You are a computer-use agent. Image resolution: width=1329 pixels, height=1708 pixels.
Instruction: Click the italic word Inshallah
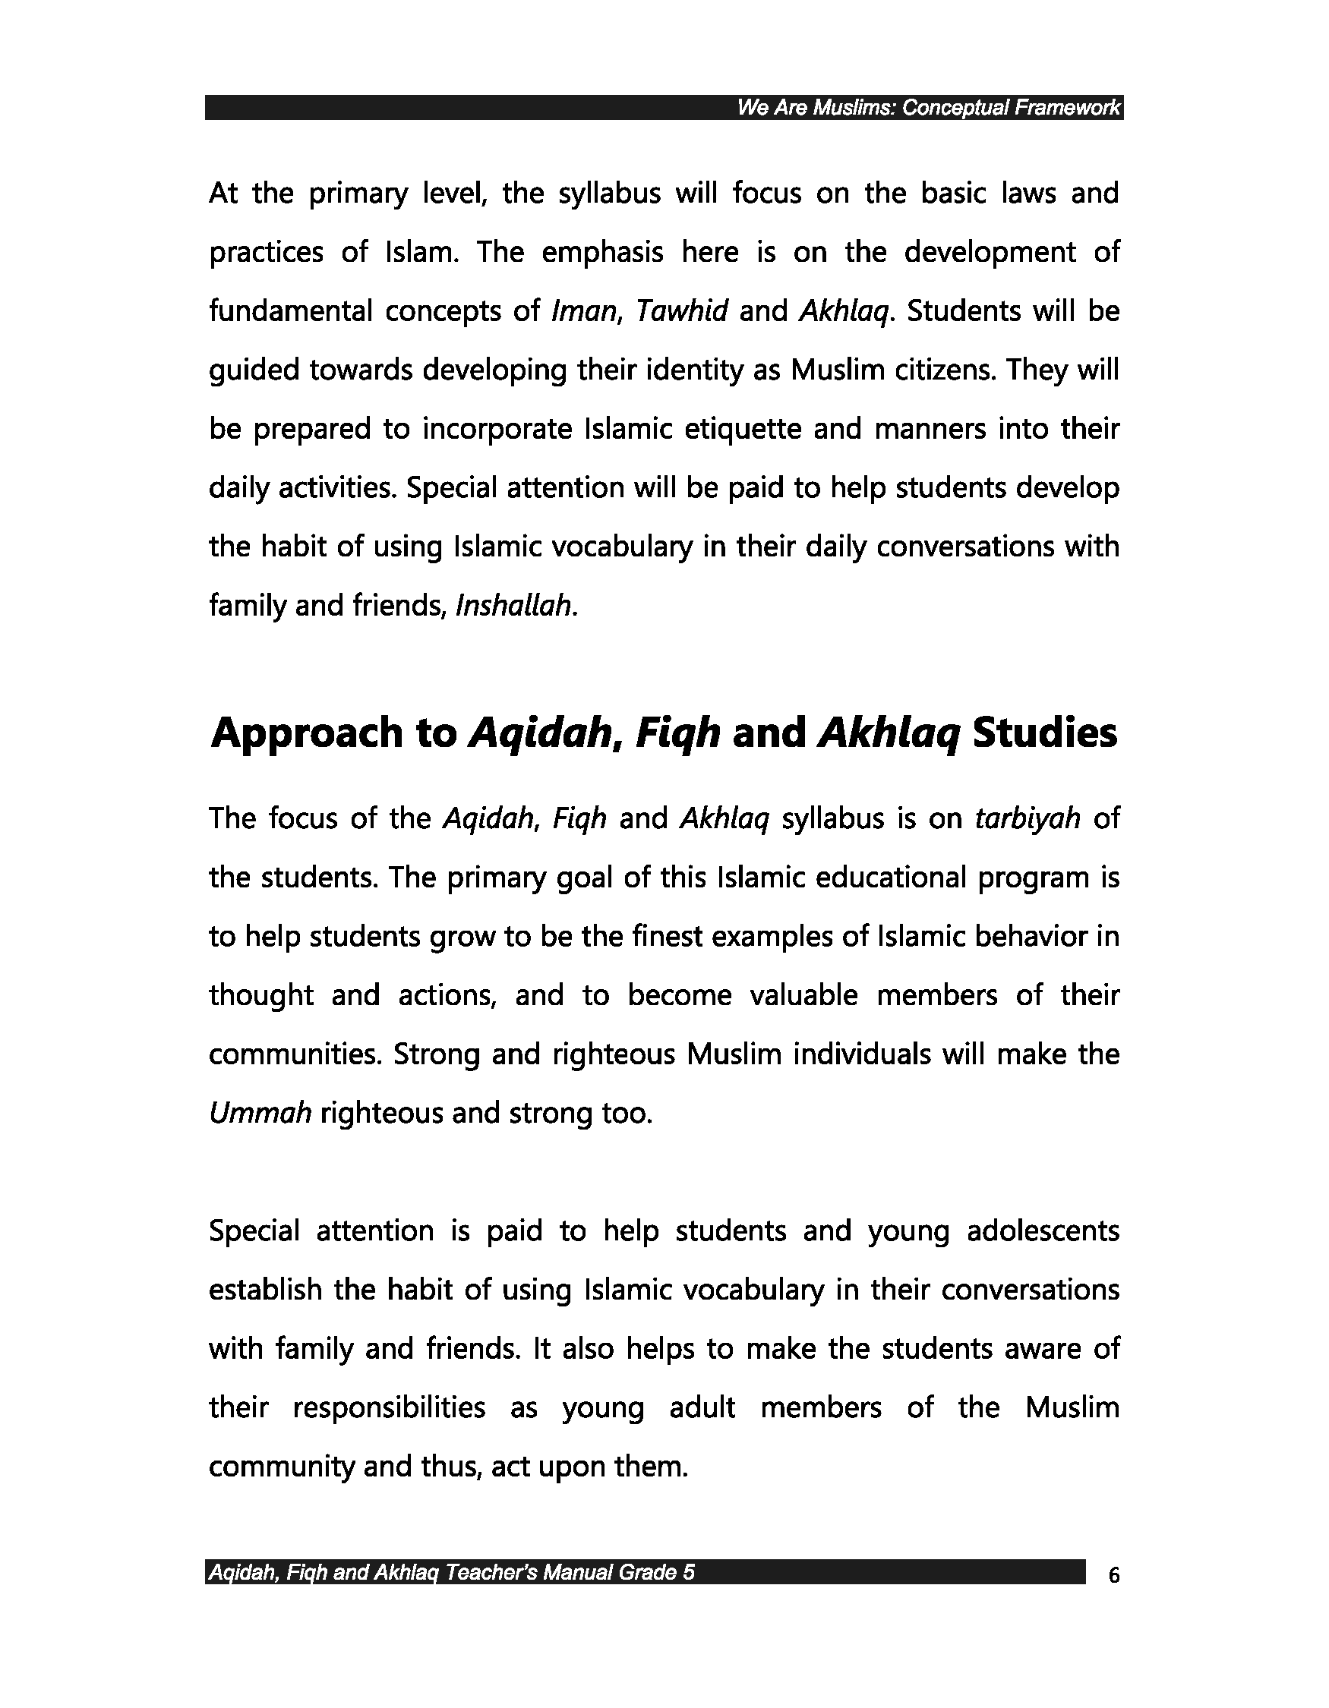tap(516, 606)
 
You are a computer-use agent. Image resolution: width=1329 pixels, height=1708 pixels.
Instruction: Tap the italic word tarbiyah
tap(1028, 819)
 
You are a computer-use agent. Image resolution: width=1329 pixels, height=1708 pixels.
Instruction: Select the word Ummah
tap(260, 1113)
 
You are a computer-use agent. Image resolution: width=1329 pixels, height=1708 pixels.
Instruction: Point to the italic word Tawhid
tap(681, 311)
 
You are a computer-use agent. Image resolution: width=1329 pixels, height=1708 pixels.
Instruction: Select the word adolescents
tap(1043, 1231)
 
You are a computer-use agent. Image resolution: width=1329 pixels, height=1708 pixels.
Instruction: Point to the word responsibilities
tap(389, 1407)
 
